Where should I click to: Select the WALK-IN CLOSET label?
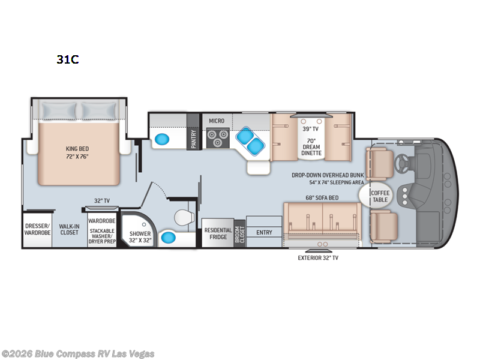(x=68, y=230)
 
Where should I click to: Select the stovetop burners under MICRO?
(x=216, y=139)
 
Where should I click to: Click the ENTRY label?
(x=263, y=232)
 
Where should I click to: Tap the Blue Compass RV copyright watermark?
(x=78, y=353)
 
